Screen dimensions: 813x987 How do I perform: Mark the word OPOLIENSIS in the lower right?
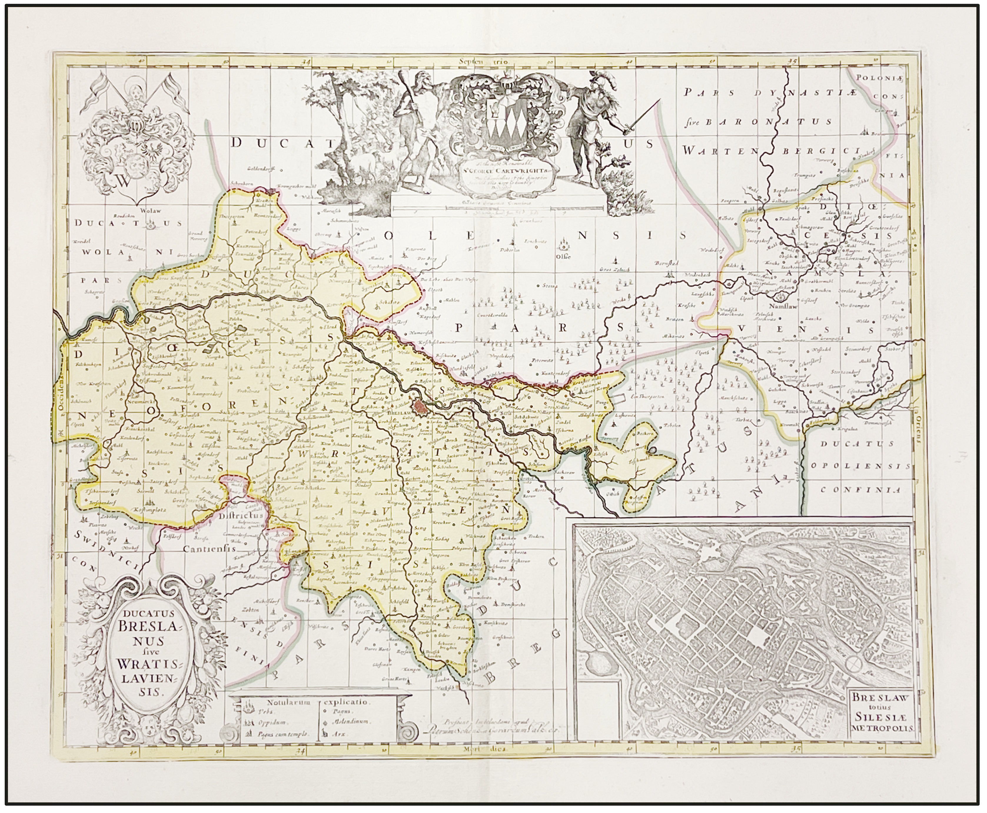point(860,466)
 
